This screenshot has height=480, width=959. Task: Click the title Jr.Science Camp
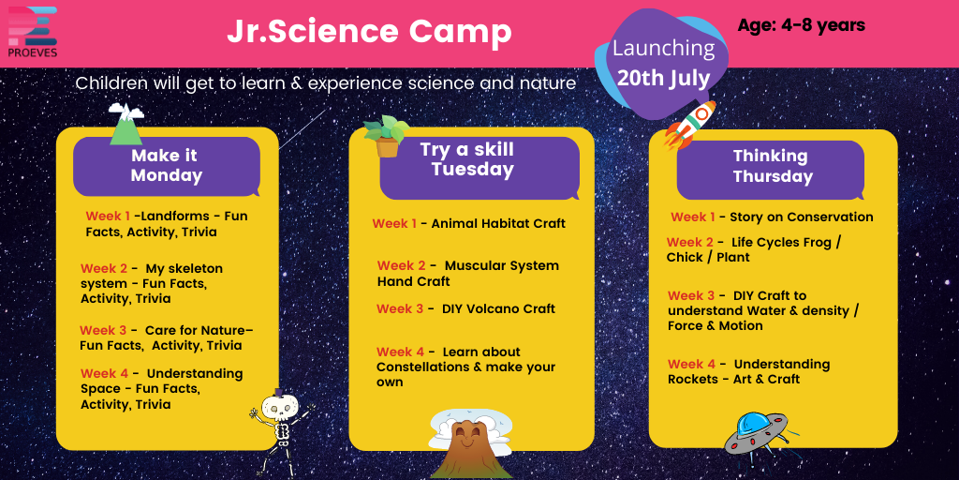(x=369, y=32)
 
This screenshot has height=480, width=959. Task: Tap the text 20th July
(x=663, y=77)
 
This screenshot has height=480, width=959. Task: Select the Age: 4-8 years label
(x=801, y=25)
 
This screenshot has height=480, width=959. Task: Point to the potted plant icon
(x=386, y=136)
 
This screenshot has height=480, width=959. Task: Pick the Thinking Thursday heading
(x=773, y=166)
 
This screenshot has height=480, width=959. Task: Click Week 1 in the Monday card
(x=108, y=216)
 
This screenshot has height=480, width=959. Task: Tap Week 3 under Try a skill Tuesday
(x=400, y=308)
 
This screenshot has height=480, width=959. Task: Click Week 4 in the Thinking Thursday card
(x=691, y=364)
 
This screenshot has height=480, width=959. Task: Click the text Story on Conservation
(x=801, y=217)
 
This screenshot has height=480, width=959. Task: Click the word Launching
(x=663, y=49)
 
